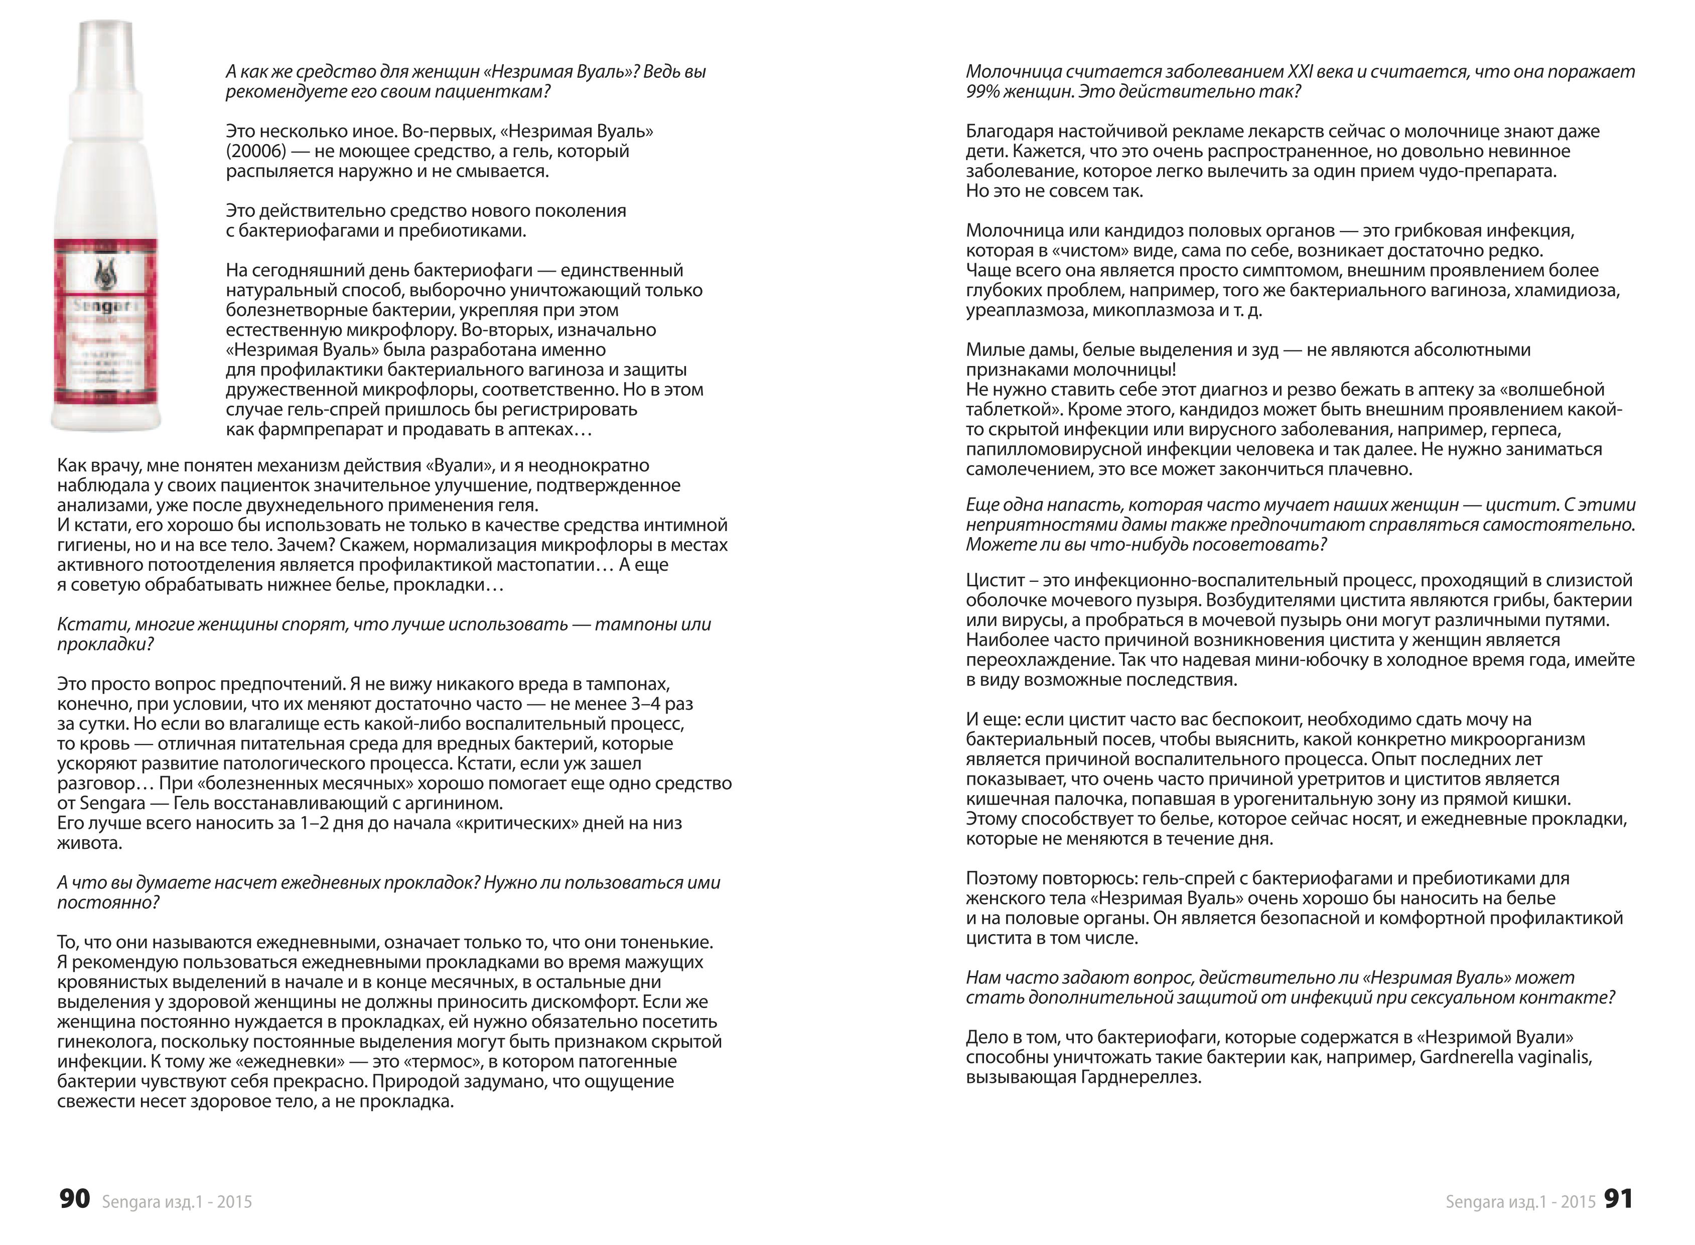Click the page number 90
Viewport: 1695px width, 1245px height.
[75, 1199]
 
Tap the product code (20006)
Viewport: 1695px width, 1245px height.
[256, 152]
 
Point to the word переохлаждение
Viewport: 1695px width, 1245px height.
[1039, 660]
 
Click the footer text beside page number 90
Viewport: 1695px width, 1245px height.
[177, 1202]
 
